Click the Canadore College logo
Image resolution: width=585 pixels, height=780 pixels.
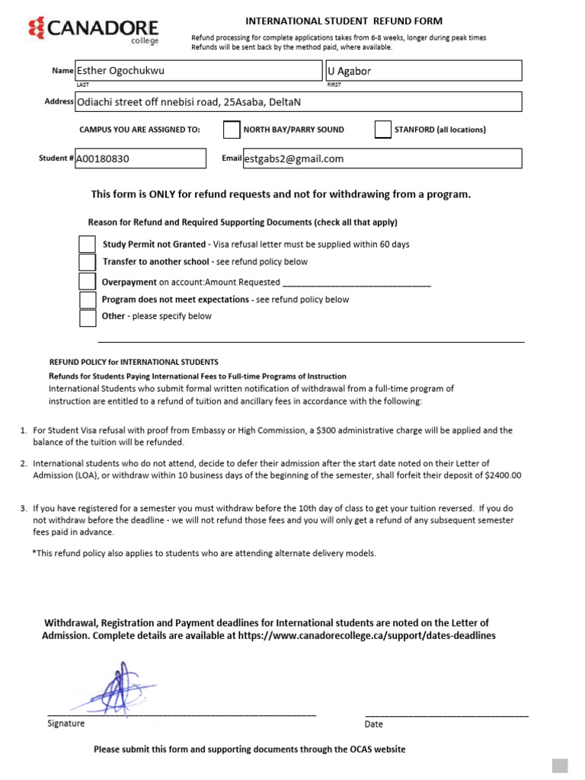tap(93, 30)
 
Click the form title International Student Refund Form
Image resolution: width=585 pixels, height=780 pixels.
tap(343, 21)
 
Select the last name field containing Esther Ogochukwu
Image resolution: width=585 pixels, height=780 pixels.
tap(198, 71)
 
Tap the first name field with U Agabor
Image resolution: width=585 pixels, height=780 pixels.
tap(423, 71)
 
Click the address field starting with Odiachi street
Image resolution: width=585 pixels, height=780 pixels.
tap(297, 102)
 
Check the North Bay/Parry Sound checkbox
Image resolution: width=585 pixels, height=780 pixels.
tap(232, 130)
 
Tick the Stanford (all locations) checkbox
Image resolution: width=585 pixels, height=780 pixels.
tap(383, 130)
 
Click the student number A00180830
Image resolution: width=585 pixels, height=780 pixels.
tap(140, 158)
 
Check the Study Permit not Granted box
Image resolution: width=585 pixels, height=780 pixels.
tap(88, 245)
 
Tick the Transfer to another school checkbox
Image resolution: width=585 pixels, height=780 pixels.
tap(88, 262)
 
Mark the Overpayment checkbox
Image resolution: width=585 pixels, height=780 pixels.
tap(88, 281)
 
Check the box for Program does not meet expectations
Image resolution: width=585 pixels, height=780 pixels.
tap(88, 299)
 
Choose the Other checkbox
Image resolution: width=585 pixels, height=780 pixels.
tap(88, 317)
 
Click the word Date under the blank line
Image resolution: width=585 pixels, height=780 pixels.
tap(373, 724)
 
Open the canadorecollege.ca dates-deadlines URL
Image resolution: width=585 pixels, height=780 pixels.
tap(366, 635)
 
